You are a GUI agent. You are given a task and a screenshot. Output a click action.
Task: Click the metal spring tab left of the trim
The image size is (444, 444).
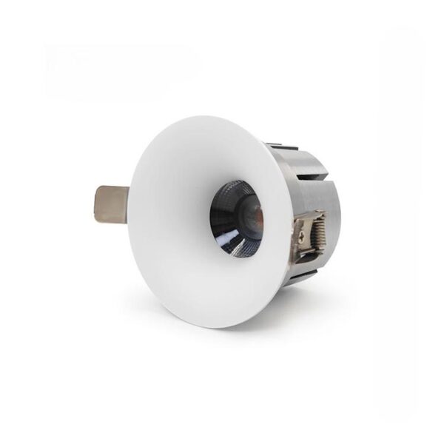click(x=111, y=203)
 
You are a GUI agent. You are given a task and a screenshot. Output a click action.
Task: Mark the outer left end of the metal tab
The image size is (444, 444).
click(x=95, y=203)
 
